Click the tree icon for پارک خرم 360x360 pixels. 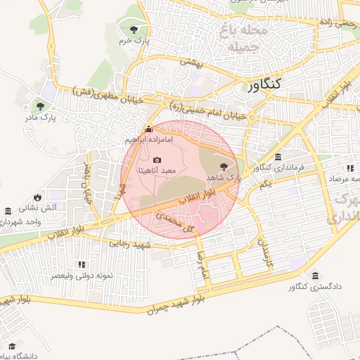[134, 29]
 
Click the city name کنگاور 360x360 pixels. [264, 84]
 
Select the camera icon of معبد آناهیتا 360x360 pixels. [156, 160]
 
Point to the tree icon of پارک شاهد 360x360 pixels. [224, 167]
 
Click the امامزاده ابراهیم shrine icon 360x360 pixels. [148, 129]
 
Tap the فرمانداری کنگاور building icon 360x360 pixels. [279, 157]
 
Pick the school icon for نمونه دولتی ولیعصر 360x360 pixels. [82, 264]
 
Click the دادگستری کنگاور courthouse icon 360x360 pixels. [314, 275]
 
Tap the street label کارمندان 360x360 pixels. [266, 256]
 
